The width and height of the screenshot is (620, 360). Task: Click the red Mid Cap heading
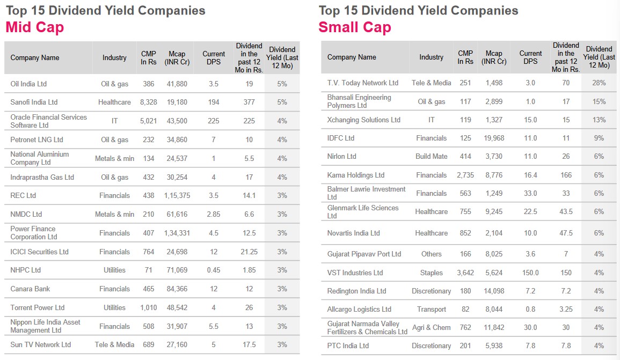[x=35, y=27]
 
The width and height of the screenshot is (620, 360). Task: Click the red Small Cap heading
[x=355, y=27]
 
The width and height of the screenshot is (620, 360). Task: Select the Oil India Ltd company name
[x=28, y=84]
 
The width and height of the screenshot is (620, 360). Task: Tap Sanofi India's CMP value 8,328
[x=148, y=102]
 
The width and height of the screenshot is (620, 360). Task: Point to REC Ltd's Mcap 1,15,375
[x=177, y=195]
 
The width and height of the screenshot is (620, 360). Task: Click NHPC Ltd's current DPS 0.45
[x=214, y=270]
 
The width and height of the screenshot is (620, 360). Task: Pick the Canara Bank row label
[x=30, y=289]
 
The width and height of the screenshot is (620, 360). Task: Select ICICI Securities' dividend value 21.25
[x=249, y=252]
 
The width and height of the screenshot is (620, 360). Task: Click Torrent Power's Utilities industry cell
[x=114, y=307]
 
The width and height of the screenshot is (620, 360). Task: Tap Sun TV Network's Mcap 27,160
[x=177, y=344]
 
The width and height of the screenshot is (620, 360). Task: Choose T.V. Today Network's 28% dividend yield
[x=599, y=83]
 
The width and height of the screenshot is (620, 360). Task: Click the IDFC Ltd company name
[x=341, y=138]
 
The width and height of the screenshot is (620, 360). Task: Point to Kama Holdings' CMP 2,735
[x=465, y=175]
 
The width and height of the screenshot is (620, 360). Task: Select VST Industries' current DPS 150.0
[x=530, y=273]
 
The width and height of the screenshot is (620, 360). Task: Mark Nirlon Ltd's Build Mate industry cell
[x=431, y=156]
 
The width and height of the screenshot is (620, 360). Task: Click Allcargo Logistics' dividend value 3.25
[x=566, y=309]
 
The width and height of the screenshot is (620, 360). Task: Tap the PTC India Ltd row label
[x=348, y=346]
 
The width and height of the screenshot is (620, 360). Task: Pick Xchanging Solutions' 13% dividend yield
[x=599, y=120]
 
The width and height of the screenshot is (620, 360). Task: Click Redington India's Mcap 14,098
[x=494, y=291]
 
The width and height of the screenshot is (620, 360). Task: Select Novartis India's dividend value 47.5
[x=566, y=233]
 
